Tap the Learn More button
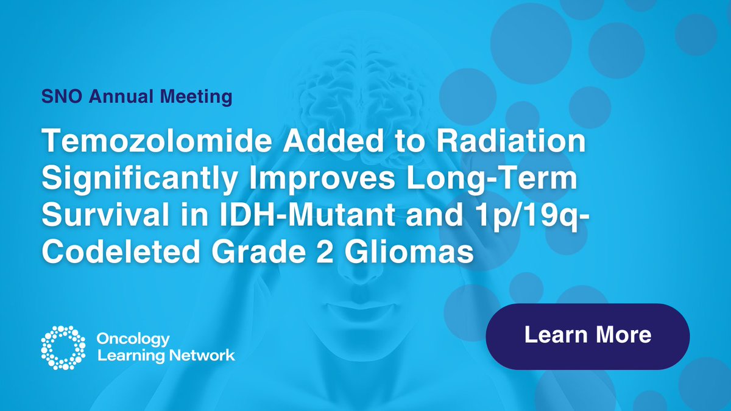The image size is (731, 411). click(x=587, y=335)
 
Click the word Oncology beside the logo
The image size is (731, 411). click(x=133, y=338)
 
